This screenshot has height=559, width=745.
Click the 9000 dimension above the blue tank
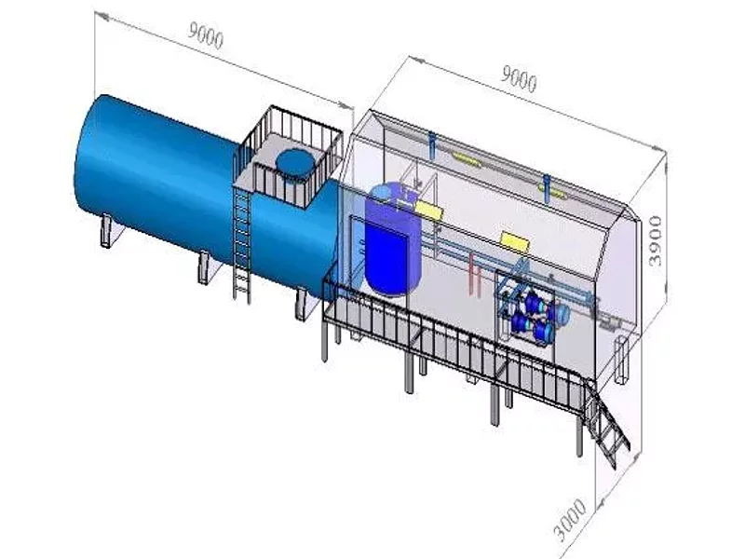click(x=206, y=36)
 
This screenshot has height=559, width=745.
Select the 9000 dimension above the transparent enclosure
click(x=520, y=79)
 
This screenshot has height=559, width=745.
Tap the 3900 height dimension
click(x=656, y=241)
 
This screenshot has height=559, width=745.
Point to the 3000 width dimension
click(x=571, y=520)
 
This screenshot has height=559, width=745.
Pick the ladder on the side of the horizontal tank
click(x=241, y=244)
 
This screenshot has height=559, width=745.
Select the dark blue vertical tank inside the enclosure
click(x=392, y=239)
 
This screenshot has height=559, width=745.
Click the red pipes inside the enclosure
click(x=475, y=275)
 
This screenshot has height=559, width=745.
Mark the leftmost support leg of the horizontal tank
click(x=107, y=231)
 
